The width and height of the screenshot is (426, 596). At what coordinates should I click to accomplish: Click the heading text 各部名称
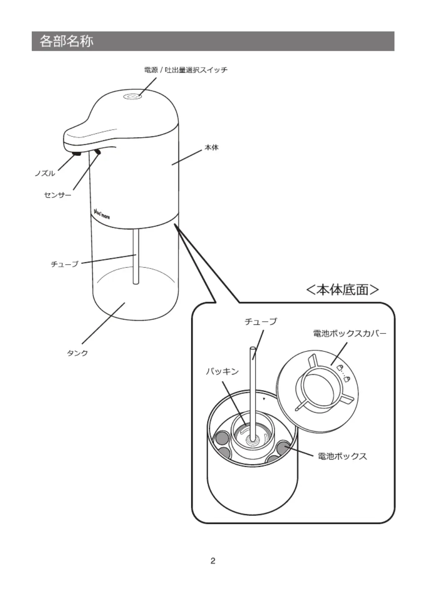pos(67,41)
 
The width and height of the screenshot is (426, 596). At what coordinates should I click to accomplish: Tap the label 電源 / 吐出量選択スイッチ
pos(186,70)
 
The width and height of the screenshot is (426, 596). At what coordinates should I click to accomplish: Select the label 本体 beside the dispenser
pos(212,148)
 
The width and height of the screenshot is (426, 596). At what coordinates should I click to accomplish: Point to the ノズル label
pos(45,174)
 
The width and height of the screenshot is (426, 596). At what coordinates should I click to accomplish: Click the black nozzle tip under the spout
pos(77,154)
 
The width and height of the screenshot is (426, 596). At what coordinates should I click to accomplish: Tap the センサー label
pos(58,195)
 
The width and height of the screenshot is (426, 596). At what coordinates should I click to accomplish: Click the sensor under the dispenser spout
pos(98,151)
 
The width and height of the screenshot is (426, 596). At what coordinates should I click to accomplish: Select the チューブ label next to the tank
pos(65,264)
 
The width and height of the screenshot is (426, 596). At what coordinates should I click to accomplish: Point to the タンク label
pos(77,353)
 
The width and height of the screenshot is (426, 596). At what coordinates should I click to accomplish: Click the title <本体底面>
pos(343,290)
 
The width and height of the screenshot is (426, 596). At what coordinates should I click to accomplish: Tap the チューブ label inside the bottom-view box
pos(261,321)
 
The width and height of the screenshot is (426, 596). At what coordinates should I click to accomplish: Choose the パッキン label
pos(222,371)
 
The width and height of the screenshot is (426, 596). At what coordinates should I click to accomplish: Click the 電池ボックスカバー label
pos(350,333)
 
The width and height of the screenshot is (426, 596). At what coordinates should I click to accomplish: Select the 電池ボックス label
pos(342,456)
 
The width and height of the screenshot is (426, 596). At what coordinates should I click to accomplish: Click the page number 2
pos(213,561)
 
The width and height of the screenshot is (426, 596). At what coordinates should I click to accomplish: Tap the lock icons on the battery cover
pos(343,373)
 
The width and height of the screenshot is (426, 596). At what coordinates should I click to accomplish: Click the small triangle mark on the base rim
pos(264,398)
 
